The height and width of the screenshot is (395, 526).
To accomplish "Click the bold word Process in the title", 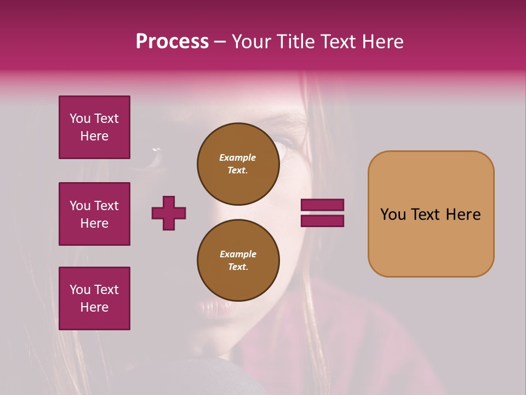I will click(x=172, y=42).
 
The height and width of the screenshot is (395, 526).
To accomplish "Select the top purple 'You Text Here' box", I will click(x=94, y=127).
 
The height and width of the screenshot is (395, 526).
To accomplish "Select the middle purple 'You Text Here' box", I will click(x=94, y=214).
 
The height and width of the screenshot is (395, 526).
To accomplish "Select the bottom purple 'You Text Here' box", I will click(x=94, y=298).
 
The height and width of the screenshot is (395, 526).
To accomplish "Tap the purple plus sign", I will click(x=169, y=213).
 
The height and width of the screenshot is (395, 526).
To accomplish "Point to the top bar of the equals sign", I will click(x=322, y=205).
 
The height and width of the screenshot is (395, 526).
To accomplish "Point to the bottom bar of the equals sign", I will click(x=322, y=221).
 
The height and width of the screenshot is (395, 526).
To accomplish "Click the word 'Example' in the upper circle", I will click(x=238, y=157).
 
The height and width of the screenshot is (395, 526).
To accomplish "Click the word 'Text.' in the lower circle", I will click(x=238, y=267).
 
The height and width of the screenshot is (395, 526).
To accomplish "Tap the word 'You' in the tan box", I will click(x=393, y=215).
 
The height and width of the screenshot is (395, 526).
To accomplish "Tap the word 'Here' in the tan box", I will click(x=463, y=215).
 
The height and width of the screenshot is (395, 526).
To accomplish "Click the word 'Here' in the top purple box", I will click(x=94, y=136).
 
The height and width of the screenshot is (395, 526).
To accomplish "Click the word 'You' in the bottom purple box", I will click(x=80, y=290).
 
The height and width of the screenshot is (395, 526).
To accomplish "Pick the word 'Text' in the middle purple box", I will click(x=106, y=206).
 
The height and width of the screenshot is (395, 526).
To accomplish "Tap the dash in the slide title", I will click(x=220, y=42).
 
